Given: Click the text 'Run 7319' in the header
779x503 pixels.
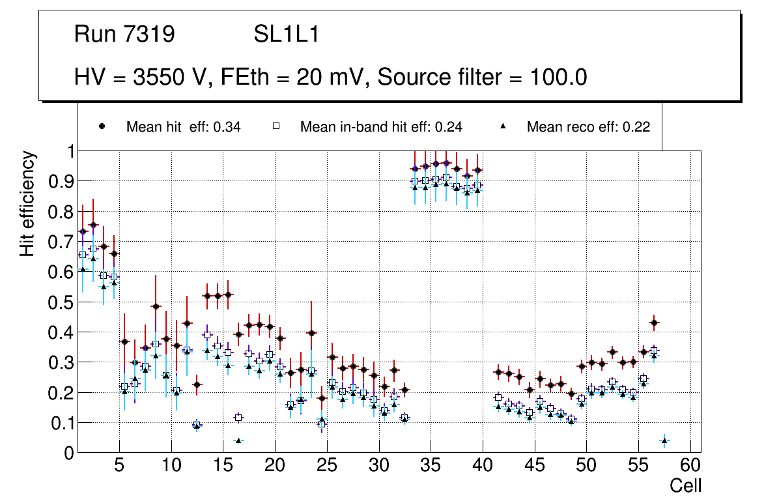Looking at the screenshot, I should tap(124, 35).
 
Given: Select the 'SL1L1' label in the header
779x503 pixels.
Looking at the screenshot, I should tap(286, 35).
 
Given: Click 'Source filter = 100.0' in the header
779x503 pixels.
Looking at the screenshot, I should tap(483, 78).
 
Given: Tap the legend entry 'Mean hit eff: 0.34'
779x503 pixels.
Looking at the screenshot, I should tap(183, 127).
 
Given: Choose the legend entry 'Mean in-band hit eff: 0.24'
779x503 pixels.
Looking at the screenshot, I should tap(381, 127).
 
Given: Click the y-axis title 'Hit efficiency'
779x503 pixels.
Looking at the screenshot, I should tap(27, 203).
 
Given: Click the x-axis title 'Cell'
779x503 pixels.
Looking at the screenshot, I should tap(686, 485).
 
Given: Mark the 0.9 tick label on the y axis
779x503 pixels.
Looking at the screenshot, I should tap(61, 181).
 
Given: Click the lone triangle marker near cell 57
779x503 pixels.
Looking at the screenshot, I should tap(664, 440).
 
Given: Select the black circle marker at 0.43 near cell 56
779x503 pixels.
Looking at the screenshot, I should tap(654, 323).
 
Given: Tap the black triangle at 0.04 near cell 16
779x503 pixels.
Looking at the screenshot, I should tap(238, 440).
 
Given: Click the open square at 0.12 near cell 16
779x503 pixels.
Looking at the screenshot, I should tap(238, 417).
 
